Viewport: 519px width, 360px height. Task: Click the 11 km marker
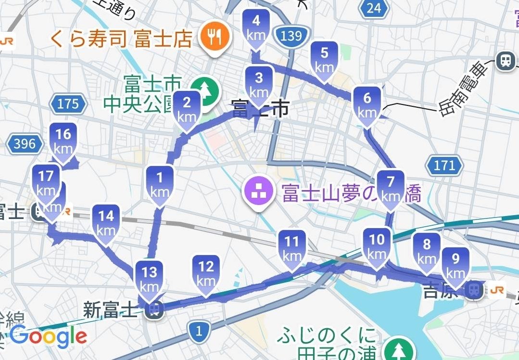pos(292,249)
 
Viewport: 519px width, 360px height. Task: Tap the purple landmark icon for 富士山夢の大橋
pos(257,193)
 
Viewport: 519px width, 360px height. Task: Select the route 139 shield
pos(291,35)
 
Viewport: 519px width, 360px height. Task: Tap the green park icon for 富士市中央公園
pos(206,90)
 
